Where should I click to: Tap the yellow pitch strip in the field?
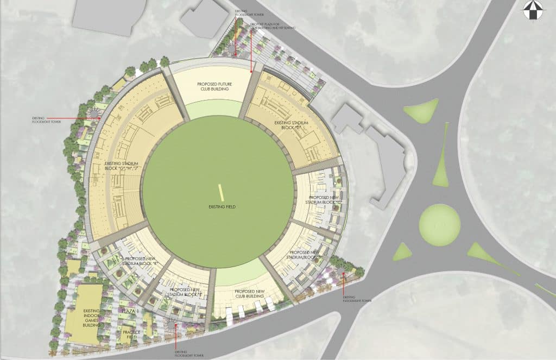pos(222,193)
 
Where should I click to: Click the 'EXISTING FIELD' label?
pos(220,207)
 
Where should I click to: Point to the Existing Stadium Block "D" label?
pos(291,127)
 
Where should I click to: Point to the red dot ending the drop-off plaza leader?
pos(250,70)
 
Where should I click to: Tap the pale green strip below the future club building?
pos(212,109)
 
